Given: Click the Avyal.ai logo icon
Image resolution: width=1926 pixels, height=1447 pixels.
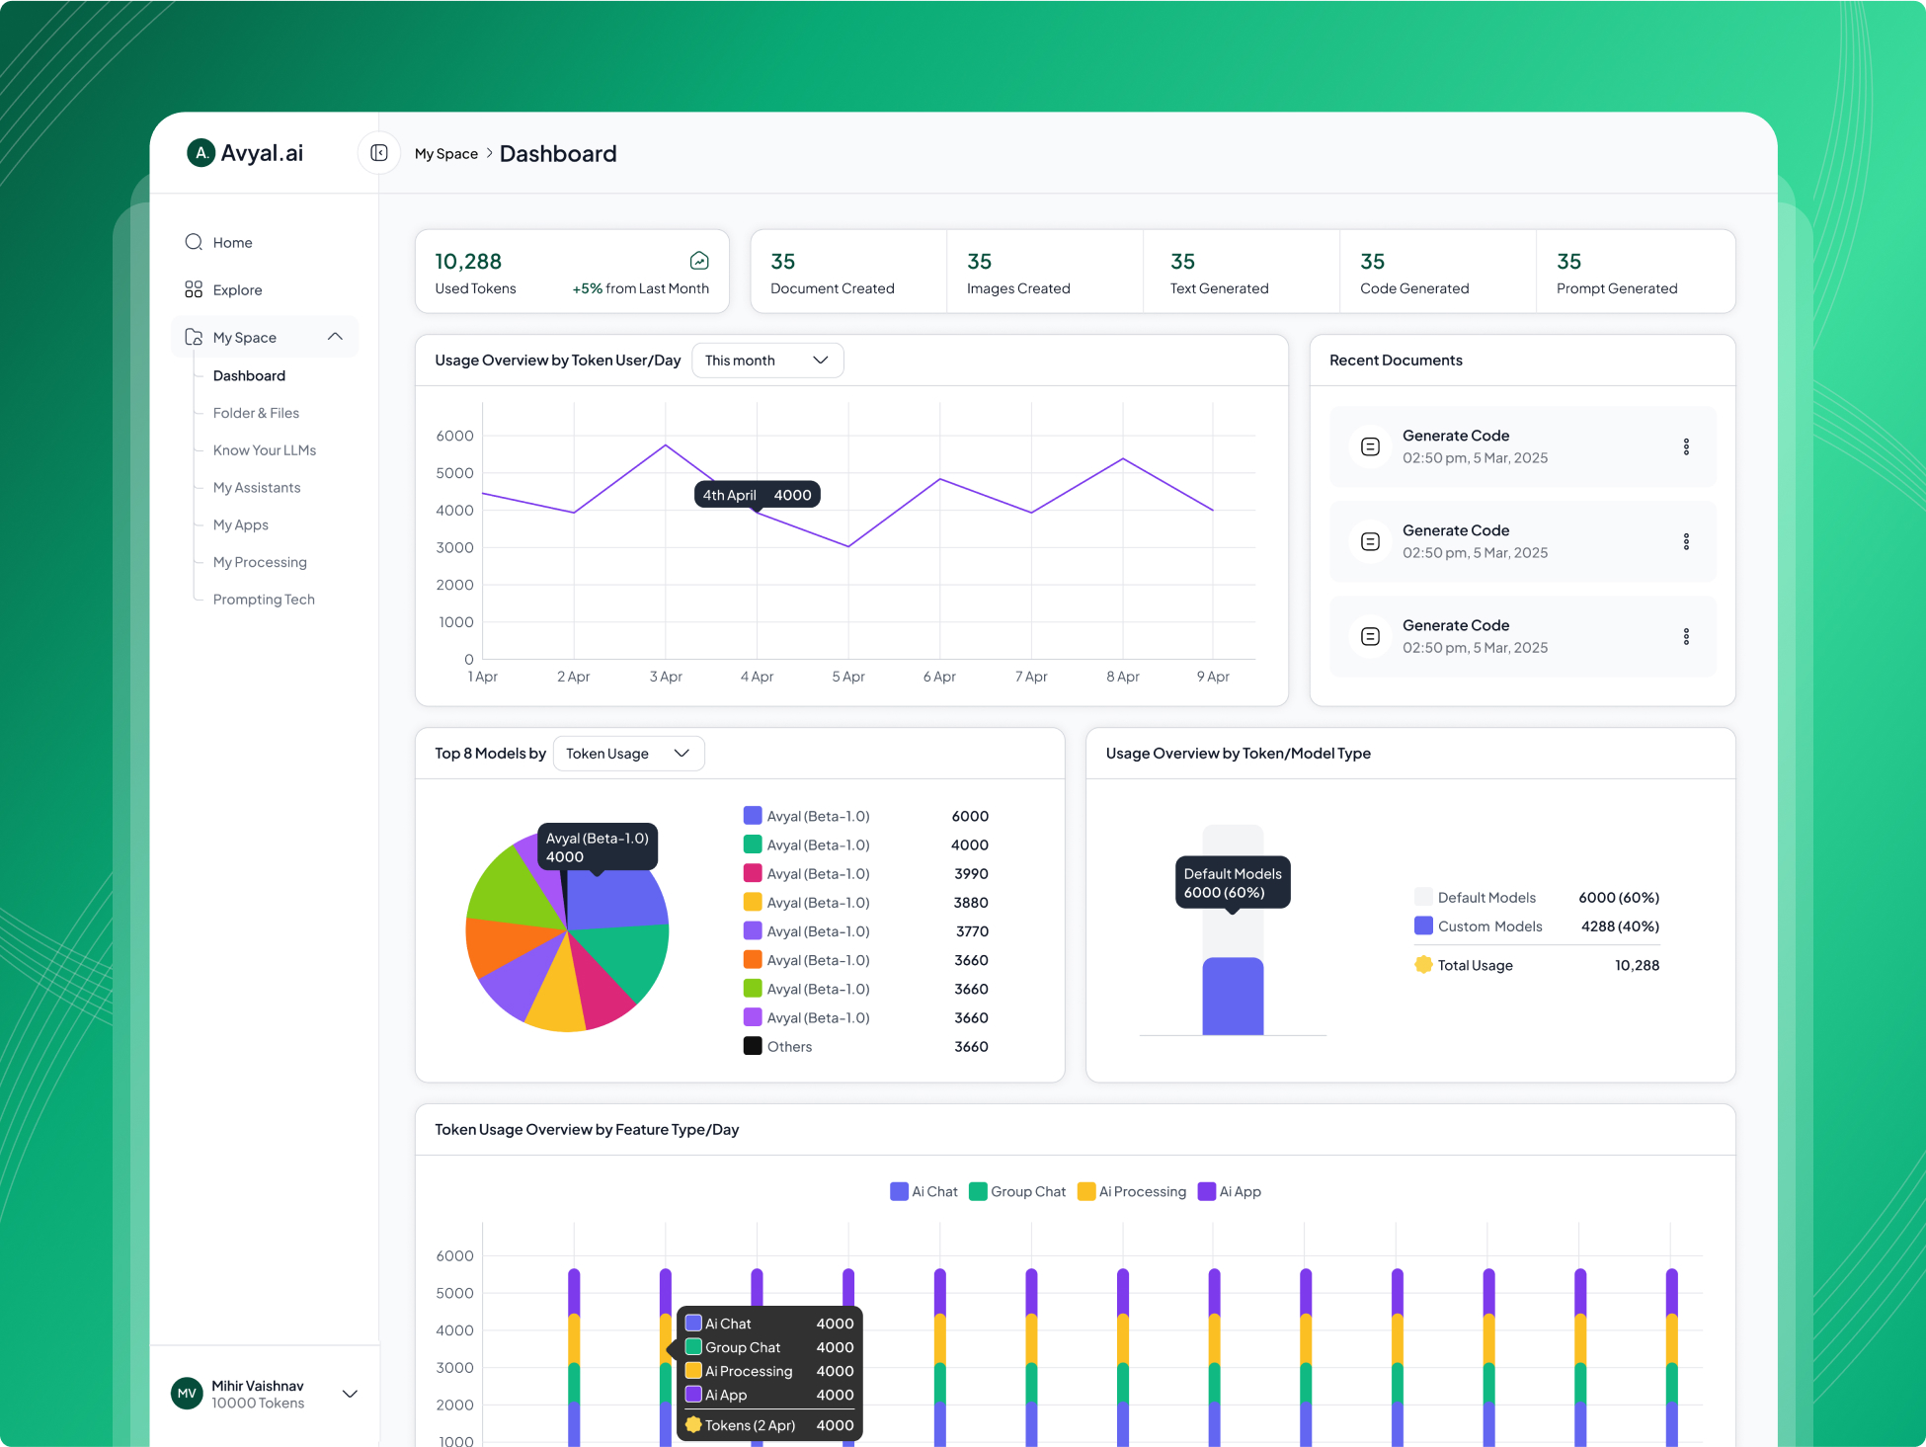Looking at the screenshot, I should (201, 153).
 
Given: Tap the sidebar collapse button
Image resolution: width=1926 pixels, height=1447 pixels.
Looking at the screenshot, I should (379, 153).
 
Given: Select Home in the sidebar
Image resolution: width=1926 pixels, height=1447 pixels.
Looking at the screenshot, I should (232, 243).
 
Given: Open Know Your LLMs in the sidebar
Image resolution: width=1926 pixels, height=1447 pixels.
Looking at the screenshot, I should (265, 450).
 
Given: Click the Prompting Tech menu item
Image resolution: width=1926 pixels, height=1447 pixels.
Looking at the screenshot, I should (264, 600).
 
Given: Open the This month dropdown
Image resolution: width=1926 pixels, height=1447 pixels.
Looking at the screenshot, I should (767, 361).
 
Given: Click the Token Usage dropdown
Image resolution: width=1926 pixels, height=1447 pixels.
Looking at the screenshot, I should (628, 754).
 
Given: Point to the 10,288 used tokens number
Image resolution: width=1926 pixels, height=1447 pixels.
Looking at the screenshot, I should (468, 262).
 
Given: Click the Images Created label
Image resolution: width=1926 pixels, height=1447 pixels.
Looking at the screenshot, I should (1018, 288).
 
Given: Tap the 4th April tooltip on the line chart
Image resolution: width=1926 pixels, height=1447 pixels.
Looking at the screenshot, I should (757, 495).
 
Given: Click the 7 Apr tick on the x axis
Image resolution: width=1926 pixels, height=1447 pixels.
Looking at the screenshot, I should (1031, 677).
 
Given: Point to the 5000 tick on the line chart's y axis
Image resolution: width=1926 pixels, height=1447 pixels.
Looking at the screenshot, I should (455, 473).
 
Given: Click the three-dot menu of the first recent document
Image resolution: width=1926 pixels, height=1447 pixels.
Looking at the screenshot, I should (1686, 446).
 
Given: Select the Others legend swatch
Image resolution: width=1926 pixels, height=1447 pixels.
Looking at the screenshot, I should (753, 1046).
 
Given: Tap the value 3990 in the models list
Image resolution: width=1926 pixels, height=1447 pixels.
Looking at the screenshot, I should (971, 874).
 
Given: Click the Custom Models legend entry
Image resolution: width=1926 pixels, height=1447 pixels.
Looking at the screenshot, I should (1489, 926).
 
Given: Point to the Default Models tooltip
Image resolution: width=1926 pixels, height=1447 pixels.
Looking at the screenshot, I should (1233, 883).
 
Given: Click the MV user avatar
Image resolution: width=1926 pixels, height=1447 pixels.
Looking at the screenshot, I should (187, 1394).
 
